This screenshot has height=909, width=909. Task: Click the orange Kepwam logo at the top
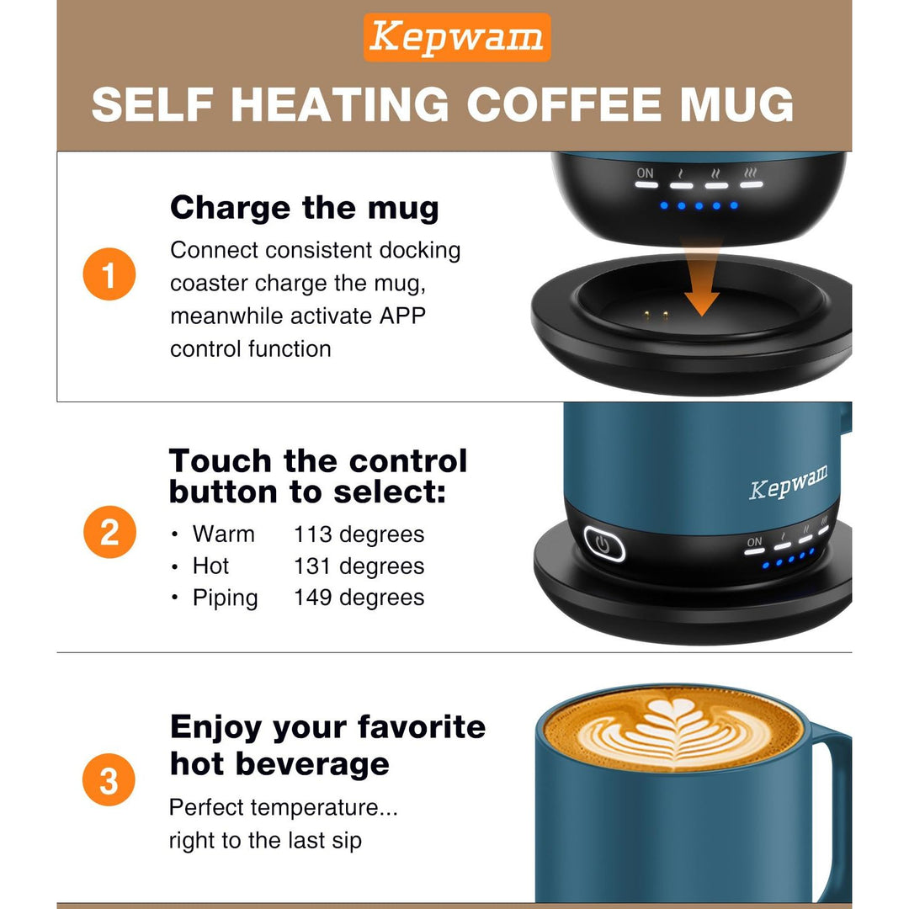coord(457,38)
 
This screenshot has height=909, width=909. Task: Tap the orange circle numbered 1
coord(109,274)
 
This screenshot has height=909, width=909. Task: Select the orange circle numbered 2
coord(109,533)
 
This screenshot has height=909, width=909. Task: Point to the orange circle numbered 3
coord(109,781)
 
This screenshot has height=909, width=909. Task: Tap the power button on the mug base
coord(603,544)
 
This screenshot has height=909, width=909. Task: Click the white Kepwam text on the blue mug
coord(788,482)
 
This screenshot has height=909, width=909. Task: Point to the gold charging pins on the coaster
coord(655,316)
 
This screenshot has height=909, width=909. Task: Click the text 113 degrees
coord(359,534)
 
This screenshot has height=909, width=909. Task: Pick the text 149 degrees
coord(359,598)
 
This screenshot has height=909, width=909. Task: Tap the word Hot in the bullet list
coord(210,566)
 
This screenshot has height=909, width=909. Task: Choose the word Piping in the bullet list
coord(225,598)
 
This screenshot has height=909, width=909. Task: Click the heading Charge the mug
coord(305,208)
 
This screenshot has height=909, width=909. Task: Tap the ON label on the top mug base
coord(645,173)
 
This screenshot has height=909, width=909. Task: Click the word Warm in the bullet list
coord(223,534)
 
